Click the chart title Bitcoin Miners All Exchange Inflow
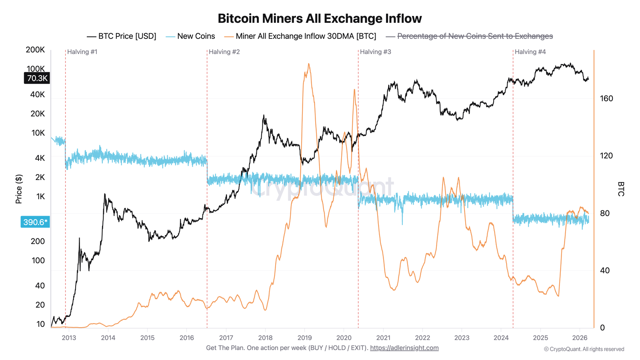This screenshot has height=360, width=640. pos(320,18)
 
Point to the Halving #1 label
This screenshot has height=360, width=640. pos(82,52)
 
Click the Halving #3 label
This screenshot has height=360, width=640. pos(375,52)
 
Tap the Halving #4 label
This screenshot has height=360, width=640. pos(530,52)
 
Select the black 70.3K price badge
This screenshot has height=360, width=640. pos(37,78)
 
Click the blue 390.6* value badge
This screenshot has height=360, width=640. pos(35,222)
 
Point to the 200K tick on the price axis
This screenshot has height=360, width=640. pos(35,50)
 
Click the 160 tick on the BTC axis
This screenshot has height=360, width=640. pos(606,98)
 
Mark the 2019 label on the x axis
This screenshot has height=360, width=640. pos(304,338)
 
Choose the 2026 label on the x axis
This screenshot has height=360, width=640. pos(580,338)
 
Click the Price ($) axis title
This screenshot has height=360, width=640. pos(19,189)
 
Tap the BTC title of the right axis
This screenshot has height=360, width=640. pos(620,189)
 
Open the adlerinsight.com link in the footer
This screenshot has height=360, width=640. pos(404,348)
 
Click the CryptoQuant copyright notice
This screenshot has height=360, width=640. pos(584,349)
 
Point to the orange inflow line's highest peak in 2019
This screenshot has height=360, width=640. pos(308,64)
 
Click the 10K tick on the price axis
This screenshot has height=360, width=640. pos(38,133)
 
